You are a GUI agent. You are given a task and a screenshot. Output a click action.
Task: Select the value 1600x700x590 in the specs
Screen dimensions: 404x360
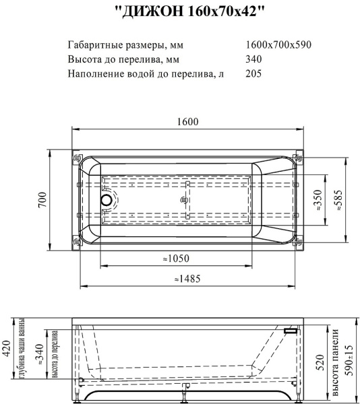pyautogui.click(x=278, y=45)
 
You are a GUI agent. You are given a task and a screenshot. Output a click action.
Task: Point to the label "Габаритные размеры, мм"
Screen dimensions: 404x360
pyautogui.click(x=125, y=45)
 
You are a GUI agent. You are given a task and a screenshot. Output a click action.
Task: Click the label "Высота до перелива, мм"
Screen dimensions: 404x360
pyautogui.click(x=127, y=59)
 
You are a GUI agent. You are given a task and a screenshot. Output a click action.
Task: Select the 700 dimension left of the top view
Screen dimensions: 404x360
pyautogui.click(x=42, y=200)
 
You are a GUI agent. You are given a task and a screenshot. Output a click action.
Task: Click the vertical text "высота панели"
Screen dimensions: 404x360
pyautogui.click(x=335, y=363)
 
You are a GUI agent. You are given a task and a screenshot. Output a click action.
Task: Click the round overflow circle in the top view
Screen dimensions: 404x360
pyautogui.click(x=107, y=200)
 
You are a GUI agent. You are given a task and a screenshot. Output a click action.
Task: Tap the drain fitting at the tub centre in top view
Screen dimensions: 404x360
pyautogui.click(x=182, y=200)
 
